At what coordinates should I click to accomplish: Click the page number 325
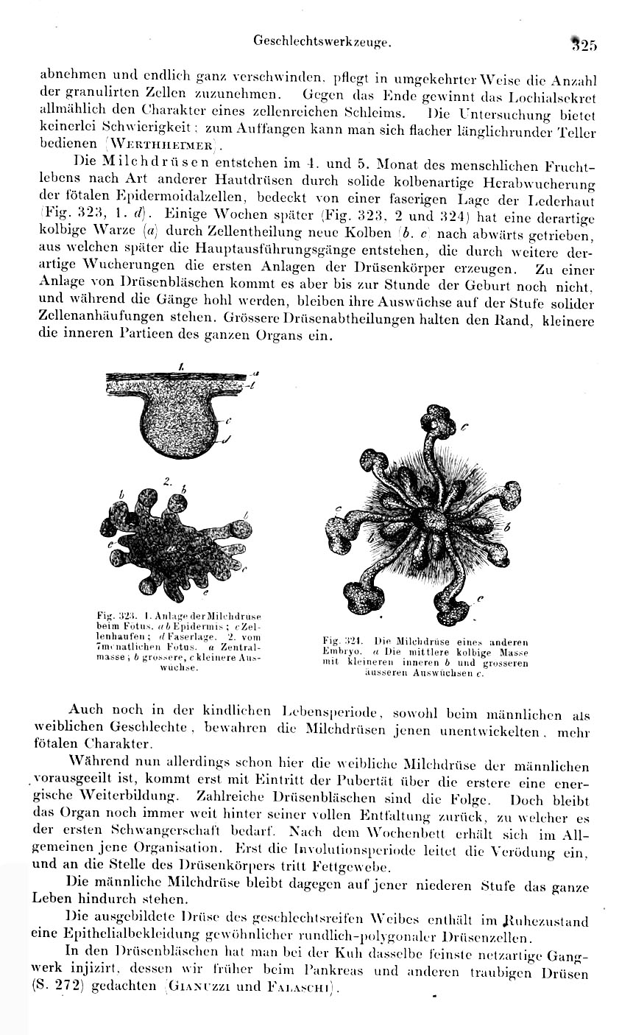[x=584, y=43]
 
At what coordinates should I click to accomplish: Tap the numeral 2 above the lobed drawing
[x=168, y=482]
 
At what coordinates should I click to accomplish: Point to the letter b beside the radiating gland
[x=506, y=527]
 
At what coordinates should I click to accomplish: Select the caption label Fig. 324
[x=339, y=641]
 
